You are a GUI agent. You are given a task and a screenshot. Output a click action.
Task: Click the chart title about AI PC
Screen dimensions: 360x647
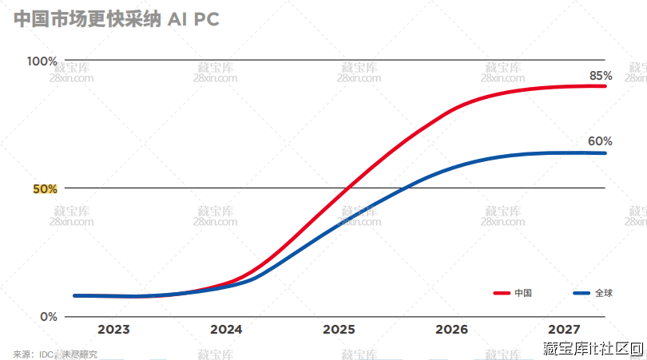click(117, 20)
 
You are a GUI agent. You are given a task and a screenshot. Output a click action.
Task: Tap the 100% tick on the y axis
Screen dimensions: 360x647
click(42, 61)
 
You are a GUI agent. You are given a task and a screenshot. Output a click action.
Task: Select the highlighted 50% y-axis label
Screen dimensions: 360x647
click(44, 189)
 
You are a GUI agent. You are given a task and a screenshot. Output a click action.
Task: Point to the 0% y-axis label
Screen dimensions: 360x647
click(49, 316)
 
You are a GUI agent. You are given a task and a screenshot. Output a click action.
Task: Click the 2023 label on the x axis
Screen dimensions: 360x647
click(113, 329)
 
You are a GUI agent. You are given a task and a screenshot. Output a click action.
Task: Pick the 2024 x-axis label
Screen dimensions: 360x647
click(226, 329)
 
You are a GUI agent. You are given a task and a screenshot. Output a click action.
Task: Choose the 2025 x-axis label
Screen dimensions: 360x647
click(339, 329)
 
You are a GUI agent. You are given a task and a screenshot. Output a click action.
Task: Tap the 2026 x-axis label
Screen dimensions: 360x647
click(451, 329)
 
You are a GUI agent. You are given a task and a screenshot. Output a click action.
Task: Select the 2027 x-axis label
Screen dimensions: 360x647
click(564, 329)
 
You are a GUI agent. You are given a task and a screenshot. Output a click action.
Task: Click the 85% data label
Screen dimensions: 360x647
click(601, 75)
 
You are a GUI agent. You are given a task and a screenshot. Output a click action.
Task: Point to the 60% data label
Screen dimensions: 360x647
click(600, 141)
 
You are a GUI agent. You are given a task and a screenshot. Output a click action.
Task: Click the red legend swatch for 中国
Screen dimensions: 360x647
click(502, 293)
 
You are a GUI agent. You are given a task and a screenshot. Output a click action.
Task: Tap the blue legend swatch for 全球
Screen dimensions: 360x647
click(582, 293)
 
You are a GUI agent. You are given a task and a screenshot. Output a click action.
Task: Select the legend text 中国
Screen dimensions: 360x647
click(523, 293)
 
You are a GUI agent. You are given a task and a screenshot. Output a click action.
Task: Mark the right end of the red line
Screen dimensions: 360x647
click(605, 85)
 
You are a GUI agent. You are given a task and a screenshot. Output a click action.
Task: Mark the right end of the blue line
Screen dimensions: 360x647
click(605, 153)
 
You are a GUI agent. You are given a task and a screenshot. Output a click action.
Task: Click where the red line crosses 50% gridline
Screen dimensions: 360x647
click(347, 188)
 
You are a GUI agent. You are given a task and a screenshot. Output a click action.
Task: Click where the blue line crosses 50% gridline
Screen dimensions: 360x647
click(408, 188)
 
